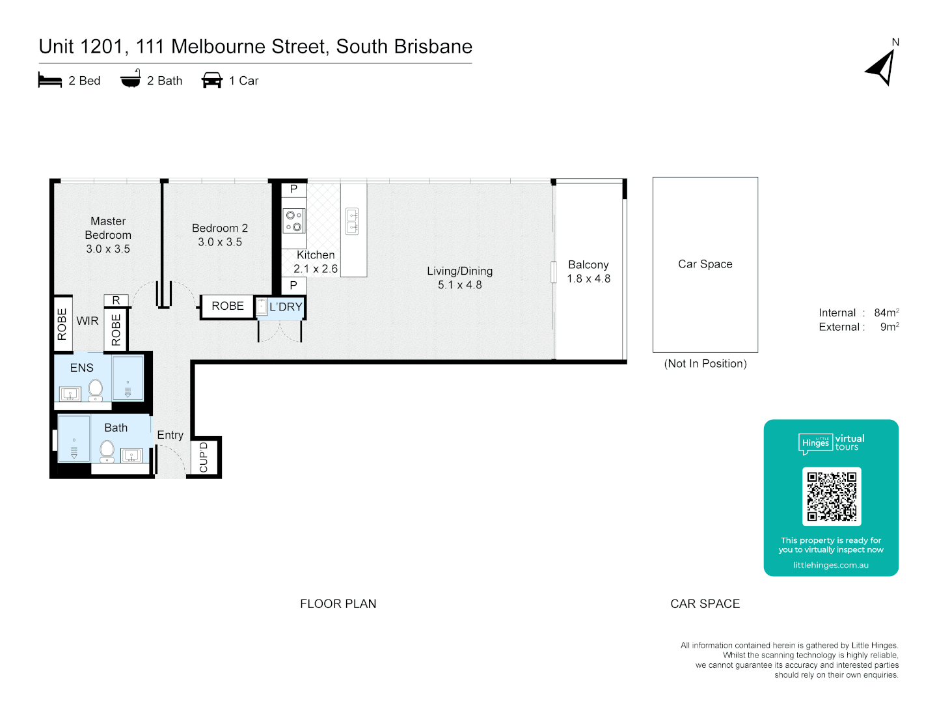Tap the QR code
(x=832, y=496)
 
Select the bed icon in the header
(x=50, y=81)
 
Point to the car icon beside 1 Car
(x=212, y=80)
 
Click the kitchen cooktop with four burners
(x=293, y=221)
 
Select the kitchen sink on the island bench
(x=352, y=221)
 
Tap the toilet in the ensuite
(x=96, y=389)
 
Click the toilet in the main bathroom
(x=107, y=450)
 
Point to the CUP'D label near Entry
(x=204, y=458)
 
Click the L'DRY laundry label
(x=286, y=307)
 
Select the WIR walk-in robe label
(x=87, y=321)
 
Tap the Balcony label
(x=588, y=265)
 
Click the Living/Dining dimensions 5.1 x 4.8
(x=460, y=285)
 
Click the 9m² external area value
(x=889, y=327)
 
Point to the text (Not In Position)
(x=705, y=364)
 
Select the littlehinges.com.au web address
(x=831, y=565)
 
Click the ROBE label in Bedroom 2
(x=228, y=306)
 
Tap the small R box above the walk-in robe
(x=116, y=300)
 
